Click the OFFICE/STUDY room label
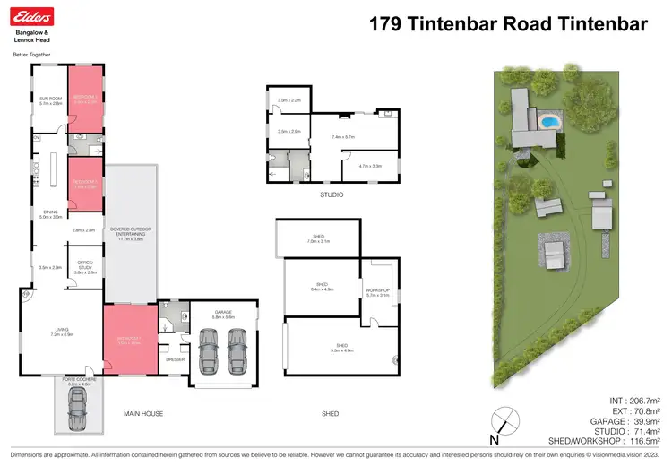[85, 265]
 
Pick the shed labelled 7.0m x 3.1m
[319, 240]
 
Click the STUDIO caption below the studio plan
[332, 194]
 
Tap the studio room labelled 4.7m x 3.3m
[370, 166]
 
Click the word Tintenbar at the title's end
[599, 24]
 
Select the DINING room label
[49, 213]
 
